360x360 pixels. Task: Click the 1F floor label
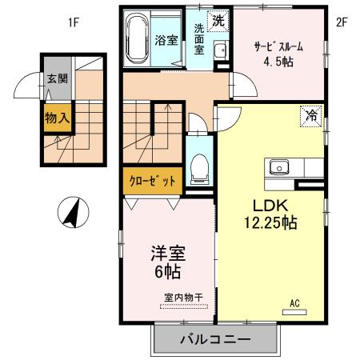(74, 22)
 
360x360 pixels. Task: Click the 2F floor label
(341, 22)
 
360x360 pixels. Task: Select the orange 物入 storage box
(56, 118)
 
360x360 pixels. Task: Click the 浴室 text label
(166, 39)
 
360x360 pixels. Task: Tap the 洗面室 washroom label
(199, 38)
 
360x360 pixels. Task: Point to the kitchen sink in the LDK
(280, 167)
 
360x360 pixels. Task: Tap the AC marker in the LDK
(294, 303)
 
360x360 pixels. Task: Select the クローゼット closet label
(152, 181)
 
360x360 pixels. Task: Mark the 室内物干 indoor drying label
(183, 298)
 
